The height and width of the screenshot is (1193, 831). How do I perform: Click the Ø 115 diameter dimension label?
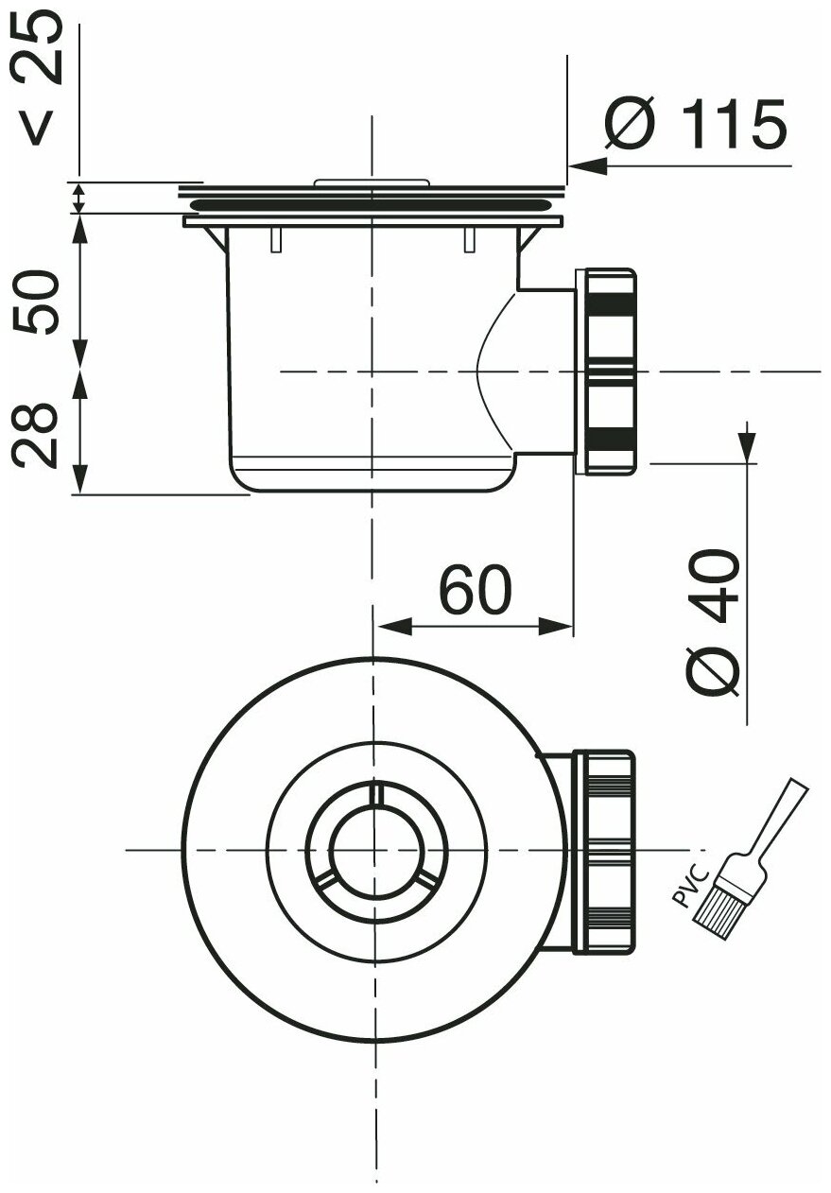[694, 124]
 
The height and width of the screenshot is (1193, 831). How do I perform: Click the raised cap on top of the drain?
[372, 181]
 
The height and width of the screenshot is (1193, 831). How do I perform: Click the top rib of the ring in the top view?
[375, 794]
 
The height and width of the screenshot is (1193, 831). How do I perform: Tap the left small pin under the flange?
[275, 241]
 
